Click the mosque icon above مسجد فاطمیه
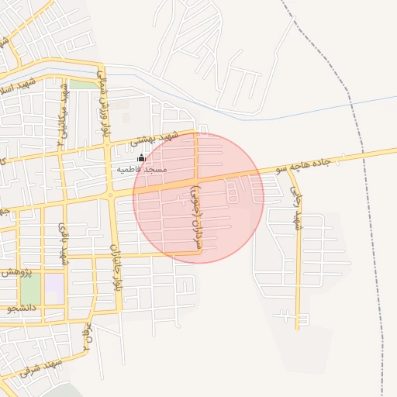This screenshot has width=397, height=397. pos(140,158)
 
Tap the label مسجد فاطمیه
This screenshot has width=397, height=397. pos(143,168)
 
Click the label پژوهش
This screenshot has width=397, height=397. pos(16,272)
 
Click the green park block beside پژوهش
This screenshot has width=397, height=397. pos(30,288)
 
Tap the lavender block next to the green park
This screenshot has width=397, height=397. pos(54,289)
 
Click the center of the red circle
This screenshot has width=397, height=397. pos(198,198)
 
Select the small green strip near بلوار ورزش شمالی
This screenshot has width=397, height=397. pos(82,84)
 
